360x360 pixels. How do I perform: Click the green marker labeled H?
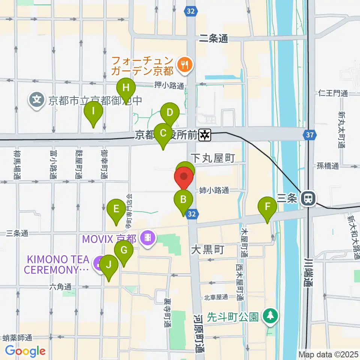click(126, 88)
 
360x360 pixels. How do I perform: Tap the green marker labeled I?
click(93, 111)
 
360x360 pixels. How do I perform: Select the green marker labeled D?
click(169, 112)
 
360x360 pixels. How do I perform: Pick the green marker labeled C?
click(163, 133)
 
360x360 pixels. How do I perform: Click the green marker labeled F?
click(267, 207)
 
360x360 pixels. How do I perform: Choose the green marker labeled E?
click(116, 208)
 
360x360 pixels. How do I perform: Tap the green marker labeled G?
click(124, 250)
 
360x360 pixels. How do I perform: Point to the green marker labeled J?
click(109, 265)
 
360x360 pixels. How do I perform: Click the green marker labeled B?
click(183, 199)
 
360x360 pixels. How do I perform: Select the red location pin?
click(184, 177)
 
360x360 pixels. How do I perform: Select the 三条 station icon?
click(309, 198)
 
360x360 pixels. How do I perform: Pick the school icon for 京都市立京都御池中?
click(37, 100)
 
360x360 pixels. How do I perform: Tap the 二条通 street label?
click(213, 38)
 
